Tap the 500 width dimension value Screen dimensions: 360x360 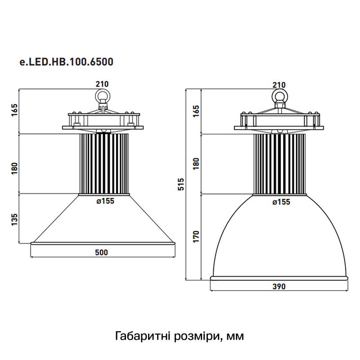[103, 252]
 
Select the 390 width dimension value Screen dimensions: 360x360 [279, 287]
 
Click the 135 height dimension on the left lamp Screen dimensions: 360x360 [14, 219]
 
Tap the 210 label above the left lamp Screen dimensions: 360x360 [102, 84]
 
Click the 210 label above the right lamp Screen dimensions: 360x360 [279, 84]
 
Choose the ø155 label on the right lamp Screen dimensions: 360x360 [280, 202]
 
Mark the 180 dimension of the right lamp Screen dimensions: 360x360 [196, 164]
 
